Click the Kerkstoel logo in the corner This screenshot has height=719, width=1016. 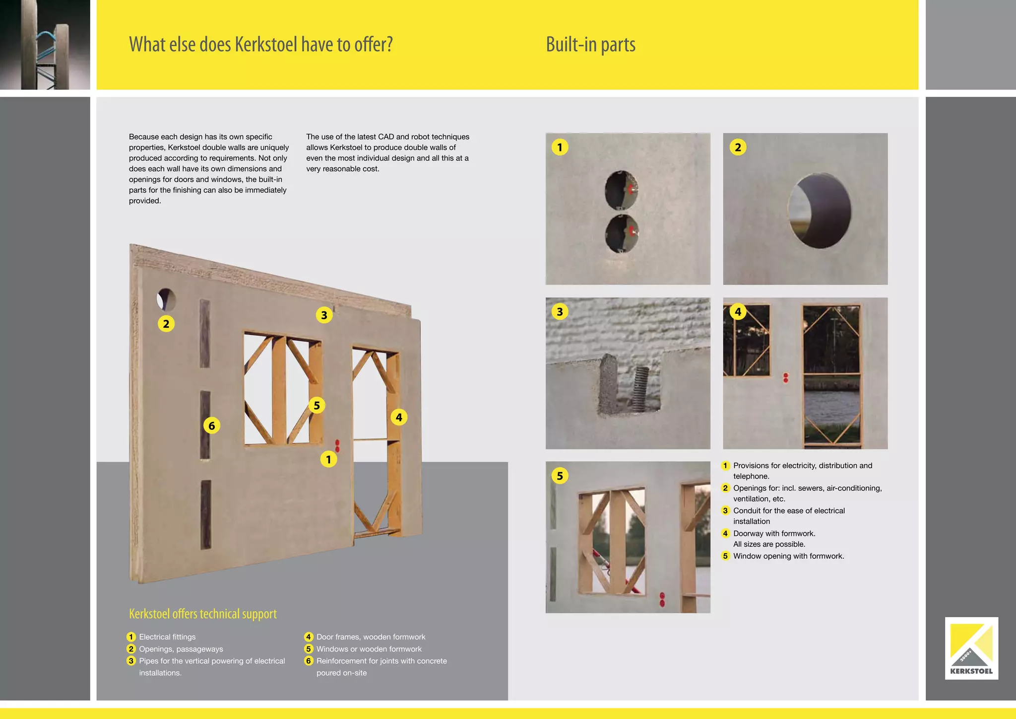coord(971,648)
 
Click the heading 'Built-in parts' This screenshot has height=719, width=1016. coord(590,45)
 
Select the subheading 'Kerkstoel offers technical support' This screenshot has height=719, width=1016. coord(202,614)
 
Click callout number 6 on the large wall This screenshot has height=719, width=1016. coord(212,426)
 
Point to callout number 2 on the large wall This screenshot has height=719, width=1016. coord(166,324)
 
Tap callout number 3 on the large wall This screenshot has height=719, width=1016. coord(324,315)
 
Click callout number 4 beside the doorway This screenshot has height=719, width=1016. coord(399,417)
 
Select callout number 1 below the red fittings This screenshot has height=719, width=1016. coord(328,460)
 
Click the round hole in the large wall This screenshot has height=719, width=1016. coord(167,299)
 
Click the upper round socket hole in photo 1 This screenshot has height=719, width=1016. coord(621,189)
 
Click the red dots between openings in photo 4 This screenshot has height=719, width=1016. coord(785,378)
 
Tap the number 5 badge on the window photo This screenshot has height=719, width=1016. coord(560,476)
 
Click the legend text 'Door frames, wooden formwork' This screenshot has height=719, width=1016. coord(371,637)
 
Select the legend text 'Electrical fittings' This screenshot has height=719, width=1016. coord(167,637)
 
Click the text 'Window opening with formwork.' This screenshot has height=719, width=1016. coord(788,556)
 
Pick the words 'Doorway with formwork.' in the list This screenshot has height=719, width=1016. coord(774,533)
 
